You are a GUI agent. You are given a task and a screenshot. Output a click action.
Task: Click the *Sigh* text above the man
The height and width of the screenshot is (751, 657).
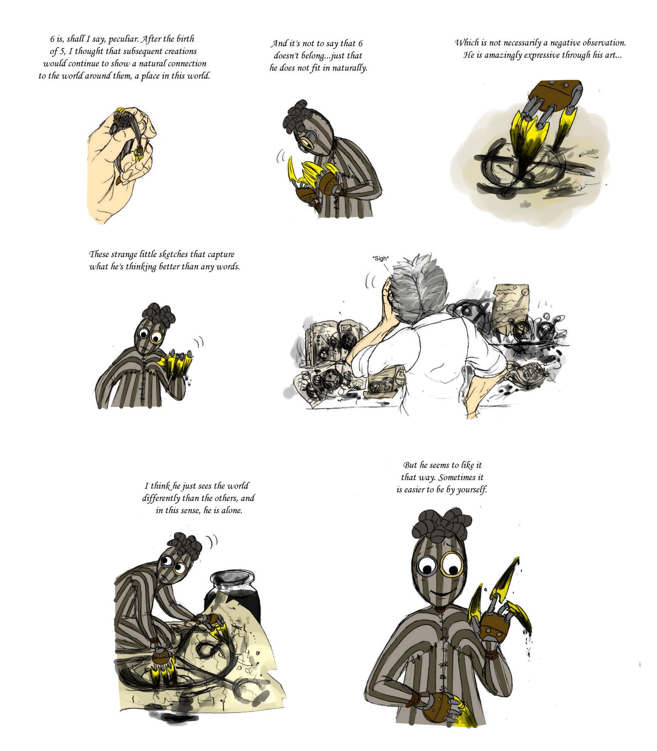click(380, 259)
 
